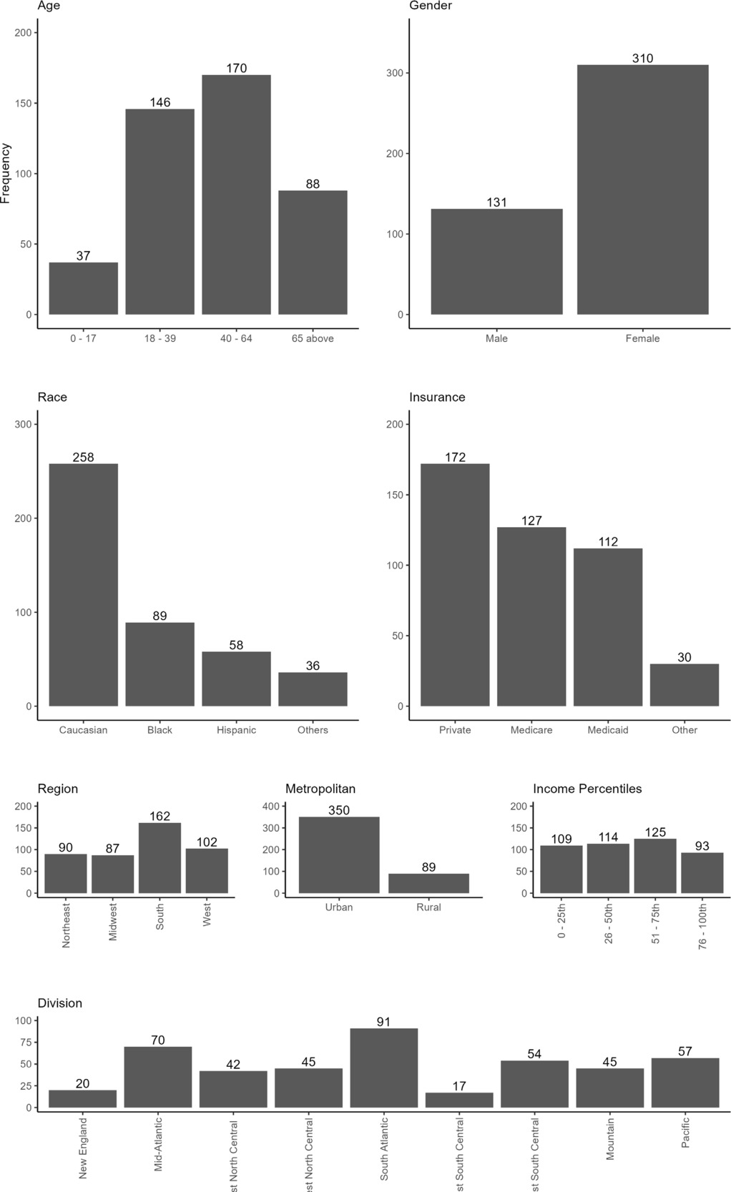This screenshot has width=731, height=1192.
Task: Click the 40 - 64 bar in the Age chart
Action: (236, 194)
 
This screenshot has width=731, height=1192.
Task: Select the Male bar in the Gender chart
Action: (496, 262)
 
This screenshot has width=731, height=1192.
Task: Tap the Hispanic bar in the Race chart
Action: (236, 679)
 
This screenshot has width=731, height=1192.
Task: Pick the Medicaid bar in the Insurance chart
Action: (608, 627)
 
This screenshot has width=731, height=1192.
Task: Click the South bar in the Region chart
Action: (160, 858)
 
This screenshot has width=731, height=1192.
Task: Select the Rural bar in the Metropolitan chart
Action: (428, 883)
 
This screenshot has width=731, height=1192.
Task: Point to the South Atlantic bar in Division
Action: (384, 1068)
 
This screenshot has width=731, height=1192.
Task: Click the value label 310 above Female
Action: (642, 59)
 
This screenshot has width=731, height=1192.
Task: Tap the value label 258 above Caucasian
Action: (83, 458)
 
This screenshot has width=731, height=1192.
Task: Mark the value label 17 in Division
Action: (459, 1086)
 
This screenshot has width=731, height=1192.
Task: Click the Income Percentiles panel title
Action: (587, 789)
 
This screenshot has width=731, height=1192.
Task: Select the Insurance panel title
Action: (437, 397)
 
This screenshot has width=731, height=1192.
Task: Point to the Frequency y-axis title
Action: (6, 173)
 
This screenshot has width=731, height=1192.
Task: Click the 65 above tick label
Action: (313, 338)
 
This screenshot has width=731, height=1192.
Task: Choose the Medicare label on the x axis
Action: (531, 730)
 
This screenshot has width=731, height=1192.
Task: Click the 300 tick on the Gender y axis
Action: (392, 73)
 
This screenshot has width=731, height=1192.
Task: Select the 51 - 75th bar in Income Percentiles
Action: (655, 866)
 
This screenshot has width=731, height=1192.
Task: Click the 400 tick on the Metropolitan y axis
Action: (273, 806)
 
